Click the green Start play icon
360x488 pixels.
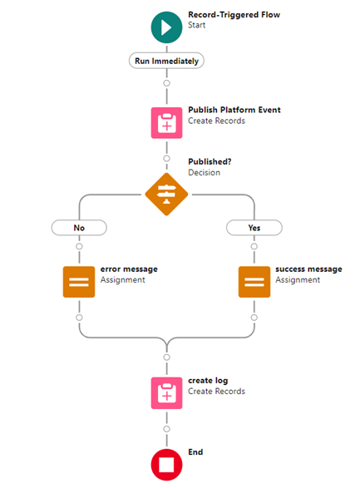[166, 27]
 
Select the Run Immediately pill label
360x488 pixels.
[166, 61]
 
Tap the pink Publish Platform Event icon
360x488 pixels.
[166, 123]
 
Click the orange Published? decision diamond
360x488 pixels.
[166, 195]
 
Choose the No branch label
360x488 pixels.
[79, 228]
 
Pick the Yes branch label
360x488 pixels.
[254, 228]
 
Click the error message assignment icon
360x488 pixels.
[79, 282]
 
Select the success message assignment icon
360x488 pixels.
[254, 282]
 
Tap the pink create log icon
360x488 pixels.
[166, 393]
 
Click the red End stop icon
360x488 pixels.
[166, 465]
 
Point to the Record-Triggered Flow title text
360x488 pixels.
[234, 15]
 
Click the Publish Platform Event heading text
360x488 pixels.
[234, 110]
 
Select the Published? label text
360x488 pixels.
[210, 161]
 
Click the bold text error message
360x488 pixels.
[129, 269]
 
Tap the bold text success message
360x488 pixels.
[308, 269]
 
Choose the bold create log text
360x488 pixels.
[208, 381]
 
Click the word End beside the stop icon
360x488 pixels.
[195, 452]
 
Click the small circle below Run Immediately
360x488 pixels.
[167, 83]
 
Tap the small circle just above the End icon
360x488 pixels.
[167, 429]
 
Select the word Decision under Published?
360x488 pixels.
[205, 172]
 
